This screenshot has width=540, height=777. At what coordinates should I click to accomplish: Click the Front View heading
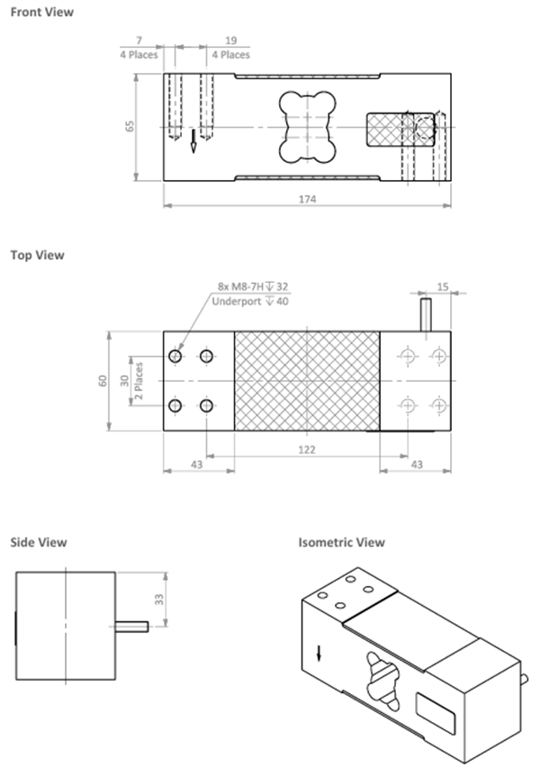coord(42,12)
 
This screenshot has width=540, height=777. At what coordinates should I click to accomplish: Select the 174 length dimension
coord(307,199)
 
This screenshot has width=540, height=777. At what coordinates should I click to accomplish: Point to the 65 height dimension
coord(130,126)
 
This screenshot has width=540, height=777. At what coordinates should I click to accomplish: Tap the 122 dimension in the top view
coord(307,449)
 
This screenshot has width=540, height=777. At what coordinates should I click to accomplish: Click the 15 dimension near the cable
coord(443,286)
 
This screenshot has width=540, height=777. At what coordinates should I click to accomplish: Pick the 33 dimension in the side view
coord(159,599)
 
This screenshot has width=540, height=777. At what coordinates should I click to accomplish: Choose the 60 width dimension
coord(103,381)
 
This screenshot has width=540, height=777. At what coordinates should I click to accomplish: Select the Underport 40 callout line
coord(250,302)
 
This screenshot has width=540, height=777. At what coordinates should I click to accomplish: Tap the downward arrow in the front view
coord(193,140)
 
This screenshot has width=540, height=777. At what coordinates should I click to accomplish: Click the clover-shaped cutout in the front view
coord(307,127)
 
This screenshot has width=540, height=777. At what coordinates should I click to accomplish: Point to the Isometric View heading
coord(341,543)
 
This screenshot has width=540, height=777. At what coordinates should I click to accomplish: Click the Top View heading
coord(38,255)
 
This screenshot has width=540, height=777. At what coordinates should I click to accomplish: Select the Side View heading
coord(39,543)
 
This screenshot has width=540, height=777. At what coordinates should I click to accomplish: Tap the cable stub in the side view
coord(131,627)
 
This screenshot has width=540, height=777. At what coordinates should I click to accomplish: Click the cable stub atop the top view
coord(426,314)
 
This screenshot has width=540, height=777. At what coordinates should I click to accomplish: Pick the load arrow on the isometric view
coord(319,653)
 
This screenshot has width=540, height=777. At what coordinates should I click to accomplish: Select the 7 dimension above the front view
coord(139,41)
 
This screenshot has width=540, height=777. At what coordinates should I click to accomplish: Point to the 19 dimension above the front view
coord(231,41)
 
